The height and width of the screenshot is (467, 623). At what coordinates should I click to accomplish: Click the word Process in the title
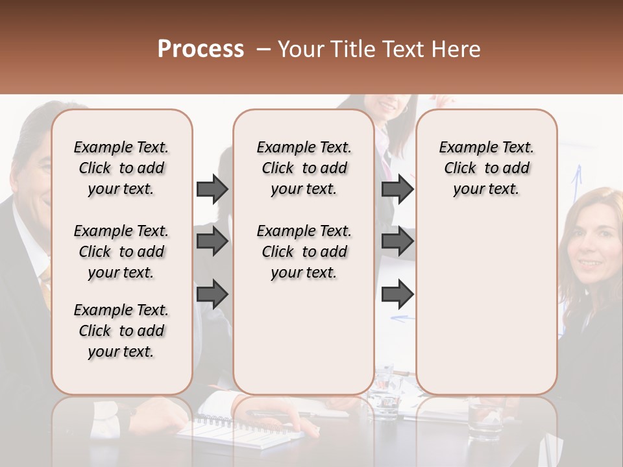point(201,49)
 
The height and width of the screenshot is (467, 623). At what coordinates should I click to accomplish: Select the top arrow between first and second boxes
point(212,189)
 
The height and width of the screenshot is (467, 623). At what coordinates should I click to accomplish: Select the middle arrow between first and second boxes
point(212,241)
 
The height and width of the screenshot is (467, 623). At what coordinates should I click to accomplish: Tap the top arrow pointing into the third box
point(397,189)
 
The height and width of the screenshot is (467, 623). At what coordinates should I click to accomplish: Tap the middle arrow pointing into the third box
point(397,241)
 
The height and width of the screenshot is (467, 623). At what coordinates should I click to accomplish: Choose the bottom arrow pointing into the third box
point(397,294)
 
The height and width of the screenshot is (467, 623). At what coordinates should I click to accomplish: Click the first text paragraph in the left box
point(121,168)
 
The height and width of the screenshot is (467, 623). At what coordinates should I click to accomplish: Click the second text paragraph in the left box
point(121,252)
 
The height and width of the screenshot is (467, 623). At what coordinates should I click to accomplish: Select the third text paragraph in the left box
point(121,331)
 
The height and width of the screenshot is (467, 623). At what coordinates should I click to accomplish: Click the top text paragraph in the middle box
point(304,168)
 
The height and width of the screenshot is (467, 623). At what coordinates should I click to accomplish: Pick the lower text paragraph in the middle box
point(304,252)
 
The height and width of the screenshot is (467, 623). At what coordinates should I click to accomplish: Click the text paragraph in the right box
point(486,168)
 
